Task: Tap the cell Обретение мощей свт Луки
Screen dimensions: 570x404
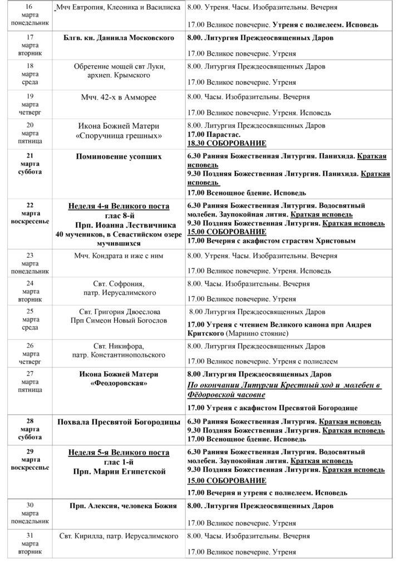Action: [x=120, y=67]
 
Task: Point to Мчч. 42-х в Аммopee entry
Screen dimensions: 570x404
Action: [x=119, y=97]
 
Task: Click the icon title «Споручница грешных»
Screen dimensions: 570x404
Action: [x=119, y=135]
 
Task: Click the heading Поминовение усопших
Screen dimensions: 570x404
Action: [x=119, y=156]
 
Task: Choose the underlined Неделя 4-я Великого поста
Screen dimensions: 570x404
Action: [x=119, y=206]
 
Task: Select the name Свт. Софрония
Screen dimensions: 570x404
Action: [x=119, y=283]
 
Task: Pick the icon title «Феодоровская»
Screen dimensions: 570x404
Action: [x=119, y=384]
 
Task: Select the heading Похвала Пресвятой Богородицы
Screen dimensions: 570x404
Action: [x=119, y=421]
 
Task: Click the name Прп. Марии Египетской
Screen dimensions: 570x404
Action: [x=119, y=472]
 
